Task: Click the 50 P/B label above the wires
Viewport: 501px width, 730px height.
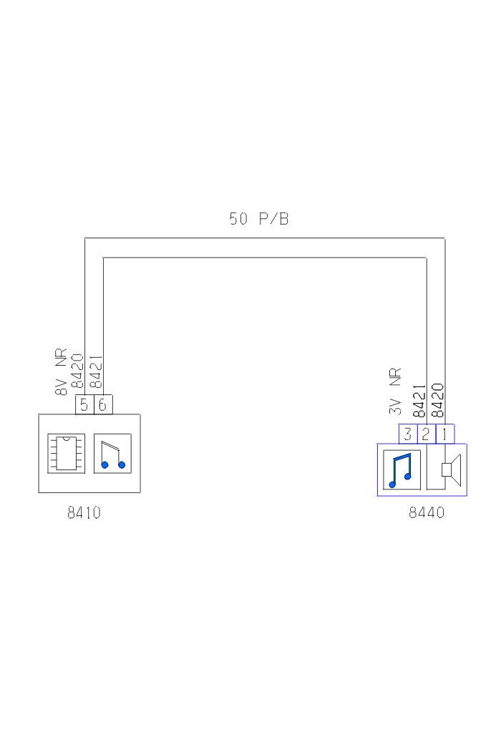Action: [259, 219]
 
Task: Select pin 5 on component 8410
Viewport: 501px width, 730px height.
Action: [84, 404]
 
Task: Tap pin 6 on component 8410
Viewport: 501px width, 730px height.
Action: [103, 404]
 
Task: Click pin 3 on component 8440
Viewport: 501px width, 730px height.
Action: [408, 434]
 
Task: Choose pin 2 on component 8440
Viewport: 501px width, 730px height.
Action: [426, 434]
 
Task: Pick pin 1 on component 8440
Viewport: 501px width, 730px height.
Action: [444, 434]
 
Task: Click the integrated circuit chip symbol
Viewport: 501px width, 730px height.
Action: [66, 454]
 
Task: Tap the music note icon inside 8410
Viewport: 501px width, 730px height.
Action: [112, 454]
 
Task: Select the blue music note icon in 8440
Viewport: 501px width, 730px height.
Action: [402, 469]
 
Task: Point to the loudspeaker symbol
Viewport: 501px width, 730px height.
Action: [451, 469]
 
